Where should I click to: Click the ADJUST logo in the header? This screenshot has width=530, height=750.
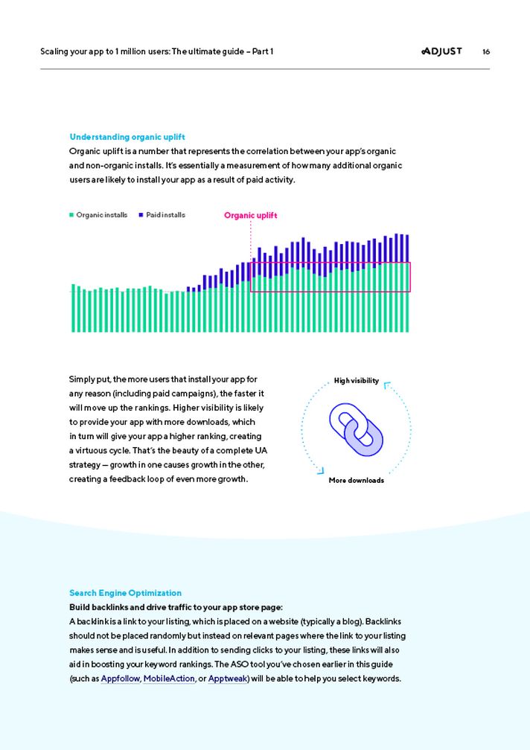pyautogui.click(x=441, y=51)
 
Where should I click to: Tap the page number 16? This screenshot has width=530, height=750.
pyautogui.click(x=486, y=52)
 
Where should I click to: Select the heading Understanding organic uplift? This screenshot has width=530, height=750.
pyautogui.click(x=127, y=137)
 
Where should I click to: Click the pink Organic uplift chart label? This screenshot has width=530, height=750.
pyautogui.click(x=250, y=216)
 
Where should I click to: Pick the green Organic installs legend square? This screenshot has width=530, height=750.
pyautogui.click(x=72, y=215)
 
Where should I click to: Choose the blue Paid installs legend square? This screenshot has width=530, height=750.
pyautogui.click(x=141, y=215)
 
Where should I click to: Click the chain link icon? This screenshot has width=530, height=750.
pyautogui.click(x=356, y=430)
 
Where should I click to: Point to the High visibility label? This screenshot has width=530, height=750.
pyautogui.click(x=356, y=381)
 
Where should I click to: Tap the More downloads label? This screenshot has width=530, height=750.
pyautogui.click(x=356, y=481)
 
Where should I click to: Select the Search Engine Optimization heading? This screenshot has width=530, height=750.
pyautogui.click(x=125, y=593)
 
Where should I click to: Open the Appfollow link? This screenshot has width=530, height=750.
pyautogui.click(x=120, y=679)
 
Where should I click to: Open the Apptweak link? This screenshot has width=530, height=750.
pyautogui.click(x=227, y=679)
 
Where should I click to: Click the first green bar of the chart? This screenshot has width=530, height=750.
pyautogui.click(x=73, y=308)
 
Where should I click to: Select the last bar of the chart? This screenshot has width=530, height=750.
pyautogui.click(x=407, y=283)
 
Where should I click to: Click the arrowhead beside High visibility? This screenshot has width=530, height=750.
pyautogui.click(x=387, y=385)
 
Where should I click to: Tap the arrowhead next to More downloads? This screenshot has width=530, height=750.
pyautogui.click(x=320, y=470)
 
